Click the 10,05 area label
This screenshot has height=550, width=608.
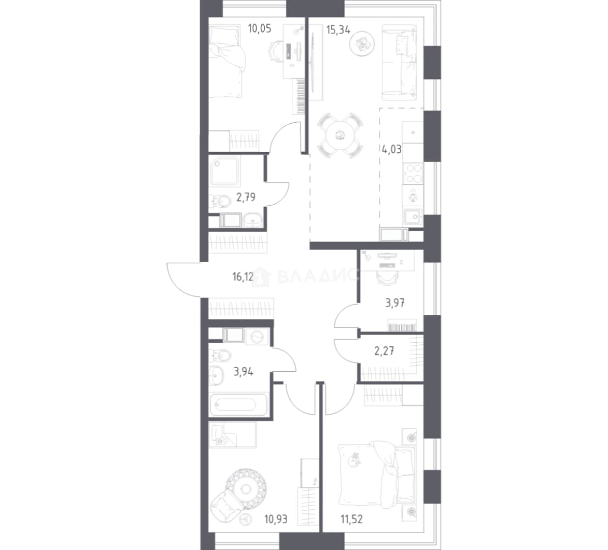259,29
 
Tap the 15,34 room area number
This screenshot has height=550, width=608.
338,30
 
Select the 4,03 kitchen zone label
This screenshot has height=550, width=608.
392,149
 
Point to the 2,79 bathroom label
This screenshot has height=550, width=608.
246,198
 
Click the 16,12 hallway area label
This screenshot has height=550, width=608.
243,277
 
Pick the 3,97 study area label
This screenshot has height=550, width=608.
395,303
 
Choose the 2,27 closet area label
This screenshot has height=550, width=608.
384,351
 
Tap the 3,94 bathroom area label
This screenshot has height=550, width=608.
243,372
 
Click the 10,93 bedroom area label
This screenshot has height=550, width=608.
275,519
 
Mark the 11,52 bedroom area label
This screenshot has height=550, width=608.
352,519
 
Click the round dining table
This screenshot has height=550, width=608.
340,135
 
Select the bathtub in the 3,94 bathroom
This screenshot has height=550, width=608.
238,404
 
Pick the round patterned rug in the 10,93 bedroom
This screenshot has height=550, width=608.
246,488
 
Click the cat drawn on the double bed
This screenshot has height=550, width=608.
354,459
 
